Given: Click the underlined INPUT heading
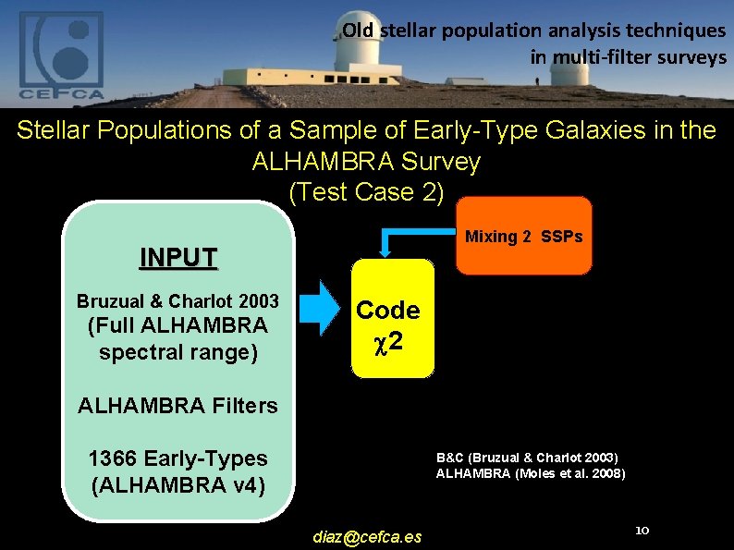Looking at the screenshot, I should (x=178, y=256).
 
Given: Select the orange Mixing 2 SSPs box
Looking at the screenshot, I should (x=523, y=237).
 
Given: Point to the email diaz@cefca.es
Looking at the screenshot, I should (x=367, y=536).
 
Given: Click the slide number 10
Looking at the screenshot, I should (x=644, y=531).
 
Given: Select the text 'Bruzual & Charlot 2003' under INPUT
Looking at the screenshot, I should (x=177, y=301).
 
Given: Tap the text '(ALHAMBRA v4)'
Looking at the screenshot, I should (x=177, y=484).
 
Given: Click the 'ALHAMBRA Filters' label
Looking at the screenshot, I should (x=177, y=405).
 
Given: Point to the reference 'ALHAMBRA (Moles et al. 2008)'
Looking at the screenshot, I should (x=531, y=473).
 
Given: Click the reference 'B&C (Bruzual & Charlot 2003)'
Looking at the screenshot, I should (x=527, y=458).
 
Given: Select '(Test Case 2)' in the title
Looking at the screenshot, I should (x=366, y=192).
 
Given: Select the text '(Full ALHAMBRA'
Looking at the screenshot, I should (x=177, y=326).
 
